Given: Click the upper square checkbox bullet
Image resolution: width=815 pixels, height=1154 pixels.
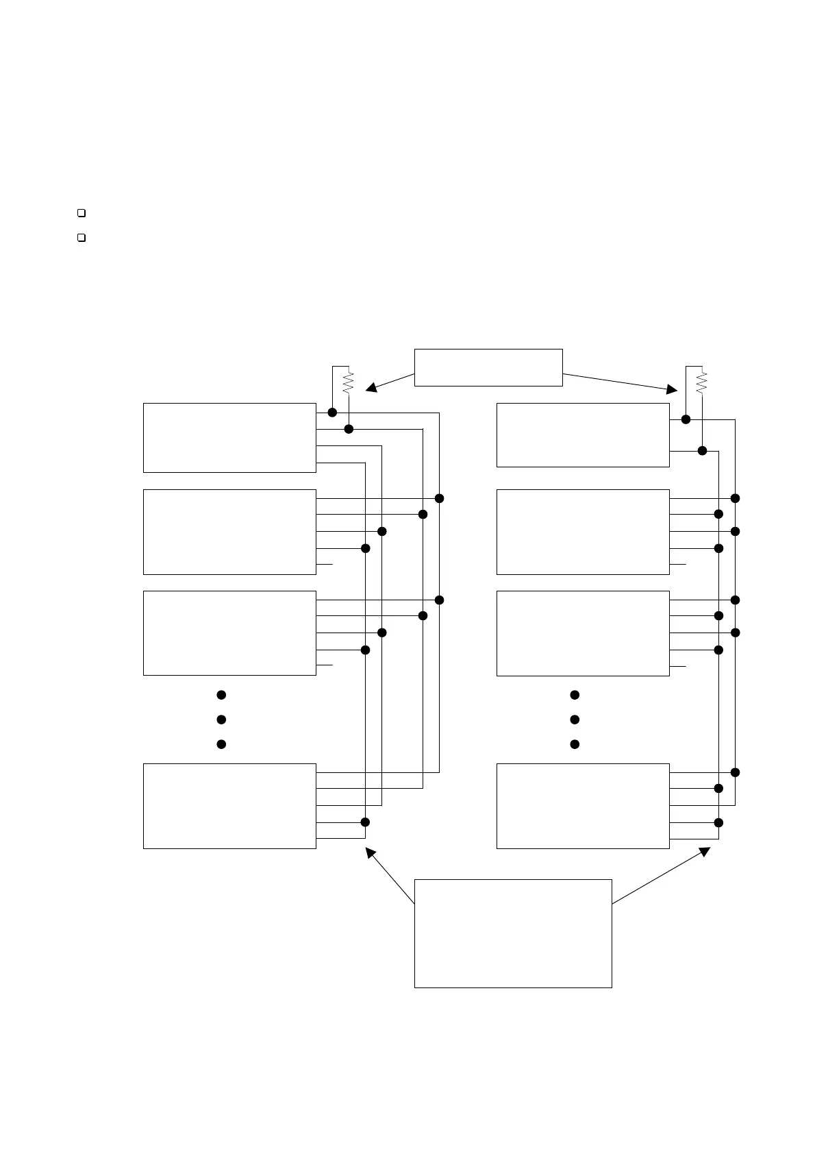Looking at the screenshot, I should tap(81, 213).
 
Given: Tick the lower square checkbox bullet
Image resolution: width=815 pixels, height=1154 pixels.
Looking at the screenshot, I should tap(81, 238).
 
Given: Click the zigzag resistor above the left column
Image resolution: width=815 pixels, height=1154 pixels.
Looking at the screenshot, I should tap(348, 382).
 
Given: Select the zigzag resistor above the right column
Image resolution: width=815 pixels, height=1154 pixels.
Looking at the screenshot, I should tap(701, 382).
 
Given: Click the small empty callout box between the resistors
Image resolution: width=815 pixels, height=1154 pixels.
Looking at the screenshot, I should tap(488, 367).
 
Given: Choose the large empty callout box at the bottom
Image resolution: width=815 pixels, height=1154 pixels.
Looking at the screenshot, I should tap(513, 933).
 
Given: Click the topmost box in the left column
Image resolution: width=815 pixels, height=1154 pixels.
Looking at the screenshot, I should tap(229, 438).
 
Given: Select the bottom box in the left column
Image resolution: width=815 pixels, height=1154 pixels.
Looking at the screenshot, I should tap(229, 806).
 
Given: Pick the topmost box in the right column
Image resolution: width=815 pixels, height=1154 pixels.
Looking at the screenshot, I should tap(583, 435).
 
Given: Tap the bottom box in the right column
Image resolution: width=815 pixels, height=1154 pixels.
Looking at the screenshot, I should tap(583, 806).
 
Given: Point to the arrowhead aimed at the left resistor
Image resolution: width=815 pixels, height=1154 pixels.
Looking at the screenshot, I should tap(371, 388).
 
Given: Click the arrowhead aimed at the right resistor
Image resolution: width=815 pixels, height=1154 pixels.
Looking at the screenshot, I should tap(672, 389).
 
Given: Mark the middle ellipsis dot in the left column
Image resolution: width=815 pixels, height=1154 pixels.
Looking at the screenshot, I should tap(221, 720).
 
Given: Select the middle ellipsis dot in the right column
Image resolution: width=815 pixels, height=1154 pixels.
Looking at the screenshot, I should tap(575, 720).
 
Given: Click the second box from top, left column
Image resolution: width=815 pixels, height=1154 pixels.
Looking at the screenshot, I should tap(229, 532).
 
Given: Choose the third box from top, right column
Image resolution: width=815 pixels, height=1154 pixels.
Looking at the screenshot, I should tap(583, 633).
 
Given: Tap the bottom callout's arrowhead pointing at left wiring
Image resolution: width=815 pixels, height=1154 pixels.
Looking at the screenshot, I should tap(370, 852).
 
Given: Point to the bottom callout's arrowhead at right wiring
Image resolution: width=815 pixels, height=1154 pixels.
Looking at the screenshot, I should tap(705, 851).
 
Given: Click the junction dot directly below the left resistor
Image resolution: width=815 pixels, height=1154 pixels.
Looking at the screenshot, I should tap(349, 429).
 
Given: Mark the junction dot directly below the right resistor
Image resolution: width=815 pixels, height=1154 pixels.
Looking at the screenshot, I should tap(702, 450).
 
